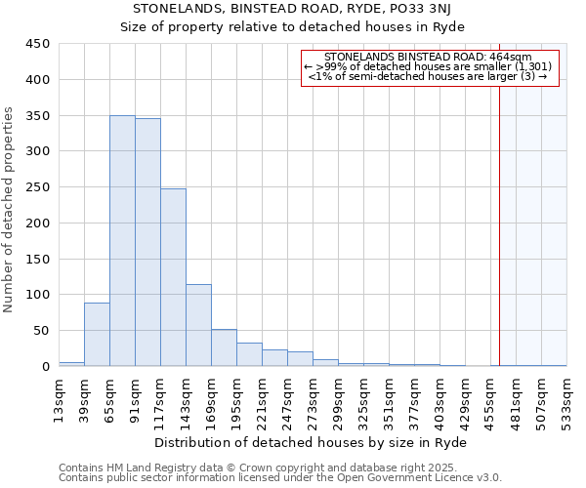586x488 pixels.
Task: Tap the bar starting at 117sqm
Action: (x=173, y=277)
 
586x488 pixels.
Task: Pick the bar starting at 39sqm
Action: (x=97, y=335)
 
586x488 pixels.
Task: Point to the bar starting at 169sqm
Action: (x=224, y=347)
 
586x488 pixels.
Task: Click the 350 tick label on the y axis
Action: (x=38, y=115)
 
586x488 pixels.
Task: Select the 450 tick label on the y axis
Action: (x=38, y=44)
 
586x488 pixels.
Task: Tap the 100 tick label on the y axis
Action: (x=38, y=295)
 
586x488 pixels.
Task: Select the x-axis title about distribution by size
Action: (x=313, y=443)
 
